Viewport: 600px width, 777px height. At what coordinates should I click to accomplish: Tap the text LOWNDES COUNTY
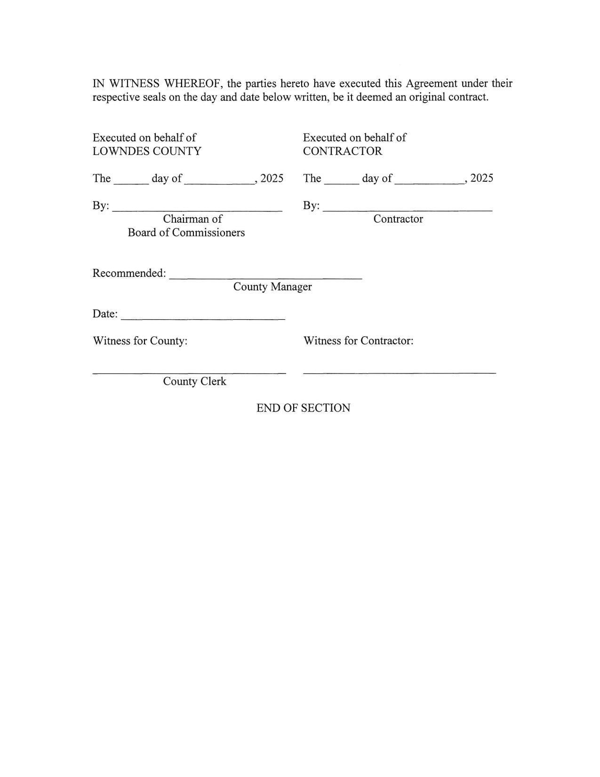[147, 151]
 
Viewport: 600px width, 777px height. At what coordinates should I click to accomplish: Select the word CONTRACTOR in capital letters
[343, 151]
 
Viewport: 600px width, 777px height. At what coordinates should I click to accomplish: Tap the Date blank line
[203, 319]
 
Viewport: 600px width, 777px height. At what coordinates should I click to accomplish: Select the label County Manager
[272, 287]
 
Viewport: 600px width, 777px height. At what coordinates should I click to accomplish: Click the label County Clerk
[194, 381]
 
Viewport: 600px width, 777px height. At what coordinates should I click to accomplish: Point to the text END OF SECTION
[303, 408]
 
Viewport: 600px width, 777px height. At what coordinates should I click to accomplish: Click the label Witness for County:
[140, 341]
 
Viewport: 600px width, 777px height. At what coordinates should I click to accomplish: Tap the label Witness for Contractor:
[358, 341]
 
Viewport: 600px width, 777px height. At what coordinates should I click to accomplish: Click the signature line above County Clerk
[189, 373]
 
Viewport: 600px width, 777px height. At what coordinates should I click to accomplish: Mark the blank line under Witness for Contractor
[400, 373]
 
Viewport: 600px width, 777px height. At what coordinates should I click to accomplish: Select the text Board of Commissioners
[186, 233]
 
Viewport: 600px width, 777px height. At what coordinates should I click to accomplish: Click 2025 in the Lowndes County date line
[272, 178]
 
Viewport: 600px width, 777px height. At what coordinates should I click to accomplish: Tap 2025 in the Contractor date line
[482, 178]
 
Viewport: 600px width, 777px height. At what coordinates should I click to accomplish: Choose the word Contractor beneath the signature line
[398, 219]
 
